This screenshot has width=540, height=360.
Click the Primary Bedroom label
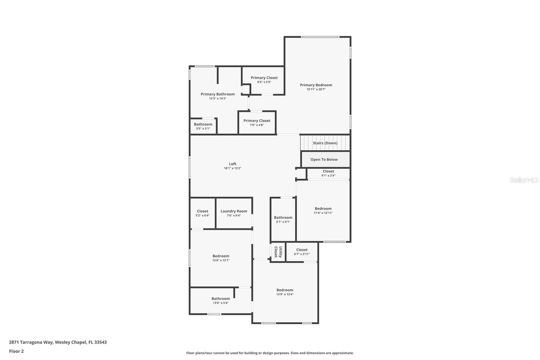click(316, 85)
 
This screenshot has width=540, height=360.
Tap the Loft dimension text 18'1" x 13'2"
click(233, 168)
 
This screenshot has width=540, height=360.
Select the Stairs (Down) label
click(325, 143)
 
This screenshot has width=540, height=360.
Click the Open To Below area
click(324, 159)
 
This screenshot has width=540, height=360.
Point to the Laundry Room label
click(234, 211)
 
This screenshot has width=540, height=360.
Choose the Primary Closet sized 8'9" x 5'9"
click(264, 80)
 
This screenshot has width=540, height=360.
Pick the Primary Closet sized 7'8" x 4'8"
click(257, 123)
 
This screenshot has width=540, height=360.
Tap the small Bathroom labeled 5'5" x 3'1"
click(203, 126)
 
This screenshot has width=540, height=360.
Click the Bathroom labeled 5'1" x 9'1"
click(283, 220)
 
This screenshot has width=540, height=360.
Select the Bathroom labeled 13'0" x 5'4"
click(220, 301)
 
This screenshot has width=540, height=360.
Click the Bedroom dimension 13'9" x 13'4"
click(285, 294)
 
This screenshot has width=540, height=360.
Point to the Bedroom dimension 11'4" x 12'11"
click(323, 213)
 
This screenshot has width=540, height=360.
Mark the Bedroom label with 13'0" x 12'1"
click(221, 256)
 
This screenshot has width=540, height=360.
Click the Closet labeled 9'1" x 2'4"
click(328, 173)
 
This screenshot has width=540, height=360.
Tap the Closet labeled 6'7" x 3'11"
click(302, 252)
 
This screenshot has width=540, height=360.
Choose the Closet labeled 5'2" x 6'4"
click(202, 213)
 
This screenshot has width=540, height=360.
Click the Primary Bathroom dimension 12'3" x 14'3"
click(217, 99)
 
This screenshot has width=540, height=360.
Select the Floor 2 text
click(16, 351)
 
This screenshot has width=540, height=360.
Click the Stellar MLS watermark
click(524, 180)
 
